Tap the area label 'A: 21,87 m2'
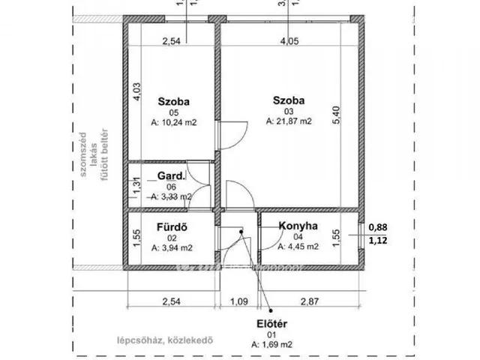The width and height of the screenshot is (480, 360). (x=289, y=120)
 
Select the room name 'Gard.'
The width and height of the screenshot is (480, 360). (x=170, y=175)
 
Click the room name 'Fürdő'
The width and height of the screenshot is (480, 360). (x=171, y=224)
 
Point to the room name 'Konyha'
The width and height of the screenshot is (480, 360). (x=299, y=225)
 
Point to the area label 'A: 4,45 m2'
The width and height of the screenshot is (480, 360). (x=299, y=245)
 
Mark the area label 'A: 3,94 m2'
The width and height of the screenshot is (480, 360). (x=172, y=245)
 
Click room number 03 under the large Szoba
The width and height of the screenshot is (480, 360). (x=289, y=109)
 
